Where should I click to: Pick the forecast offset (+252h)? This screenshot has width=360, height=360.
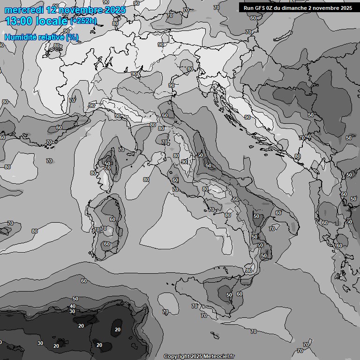pos(84,21)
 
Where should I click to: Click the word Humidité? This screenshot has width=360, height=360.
pos(20,37)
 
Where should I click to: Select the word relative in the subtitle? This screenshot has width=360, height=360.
pos(51,37)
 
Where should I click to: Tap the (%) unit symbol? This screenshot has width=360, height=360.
pos(72,37)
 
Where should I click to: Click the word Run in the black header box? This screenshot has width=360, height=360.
pos(248,7)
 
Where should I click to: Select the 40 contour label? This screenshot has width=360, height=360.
pos(72,306)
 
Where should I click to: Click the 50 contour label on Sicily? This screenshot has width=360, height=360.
pos(229,295)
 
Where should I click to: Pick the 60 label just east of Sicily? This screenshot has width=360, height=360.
pos(240,294)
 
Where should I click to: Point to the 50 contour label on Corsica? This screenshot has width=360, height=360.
pos(107,164)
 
